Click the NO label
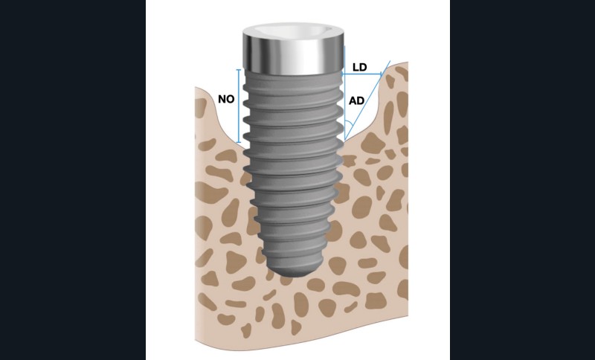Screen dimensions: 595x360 [x=226, y=100]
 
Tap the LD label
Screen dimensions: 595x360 [x=359, y=67]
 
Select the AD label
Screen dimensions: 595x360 [x=356, y=101]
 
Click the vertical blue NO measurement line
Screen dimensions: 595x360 [x=238, y=106]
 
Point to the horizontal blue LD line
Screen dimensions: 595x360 [x=362, y=74]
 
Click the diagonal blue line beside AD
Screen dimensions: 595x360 [x=367, y=100]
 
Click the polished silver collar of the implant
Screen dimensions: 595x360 [x=293, y=55]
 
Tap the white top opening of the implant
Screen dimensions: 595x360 [x=293, y=31]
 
